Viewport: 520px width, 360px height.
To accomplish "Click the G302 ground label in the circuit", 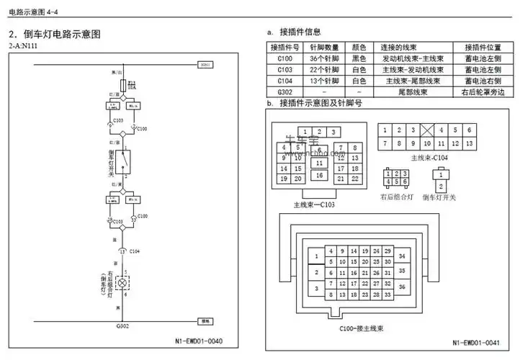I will [x=122, y=326].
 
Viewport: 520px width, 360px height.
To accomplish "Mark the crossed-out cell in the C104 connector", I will [x=427, y=130].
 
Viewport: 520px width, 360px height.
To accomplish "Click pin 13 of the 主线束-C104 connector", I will [x=469, y=144].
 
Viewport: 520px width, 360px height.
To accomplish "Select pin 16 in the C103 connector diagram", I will [x=318, y=175].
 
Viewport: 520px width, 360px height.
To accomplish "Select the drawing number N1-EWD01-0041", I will [x=479, y=343].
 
